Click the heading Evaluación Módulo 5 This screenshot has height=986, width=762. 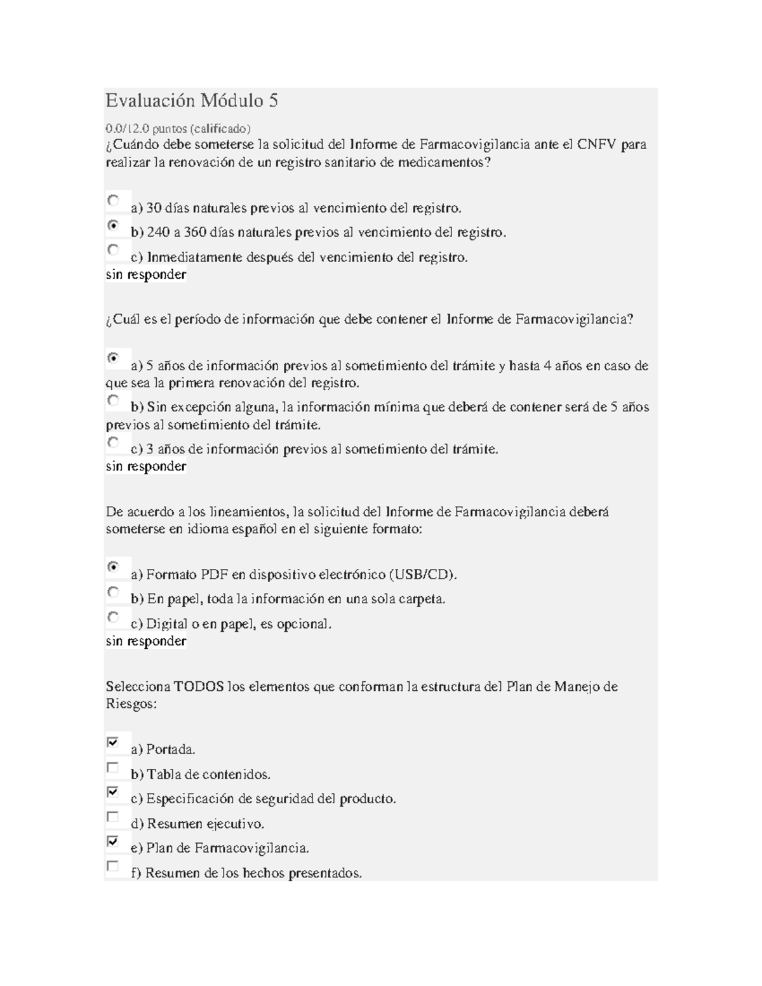pyautogui.click(x=192, y=101)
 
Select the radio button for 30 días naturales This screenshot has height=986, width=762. pyautogui.click(x=113, y=201)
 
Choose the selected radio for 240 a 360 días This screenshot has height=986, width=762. pyautogui.click(x=113, y=225)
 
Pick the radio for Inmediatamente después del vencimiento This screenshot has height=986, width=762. pyautogui.click(x=113, y=250)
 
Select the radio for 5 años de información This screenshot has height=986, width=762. pyautogui.click(x=113, y=358)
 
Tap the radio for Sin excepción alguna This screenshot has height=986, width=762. pyautogui.click(x=113, y=400)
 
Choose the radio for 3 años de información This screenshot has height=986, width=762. pyautogui.click(x=113, y=442)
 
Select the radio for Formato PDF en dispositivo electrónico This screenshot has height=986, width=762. pyautogui.click(x=113, y=567)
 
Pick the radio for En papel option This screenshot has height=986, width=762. pyautogui.click(x=113, y=592)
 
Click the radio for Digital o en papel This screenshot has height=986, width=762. pyautogui.click(x=113, y=616)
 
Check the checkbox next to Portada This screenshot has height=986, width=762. pyautogui.click(x=112, y=742)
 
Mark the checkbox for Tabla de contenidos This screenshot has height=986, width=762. pyautogui.click(x=112, y=767)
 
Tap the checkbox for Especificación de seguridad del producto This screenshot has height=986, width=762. pyautogui.click(x=112, y=792)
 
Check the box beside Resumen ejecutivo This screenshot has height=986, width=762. pyautogui.click(x=112, y=816)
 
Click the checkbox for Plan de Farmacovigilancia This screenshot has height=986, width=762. pyautogui.click(x=112, y=841)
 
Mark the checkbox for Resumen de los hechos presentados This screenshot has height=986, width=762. pyautogui.click(x=112, y=866)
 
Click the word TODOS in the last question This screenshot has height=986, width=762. pyautogui.click(x=199, y=687)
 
